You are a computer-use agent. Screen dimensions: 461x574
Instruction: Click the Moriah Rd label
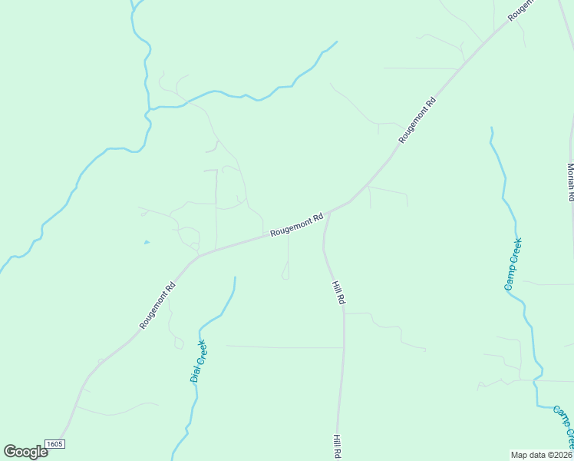click(x=570, y=181)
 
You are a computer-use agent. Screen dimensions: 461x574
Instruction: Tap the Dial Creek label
click(x=198, y=361)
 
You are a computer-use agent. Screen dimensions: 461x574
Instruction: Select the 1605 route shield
click(x=54, y=444)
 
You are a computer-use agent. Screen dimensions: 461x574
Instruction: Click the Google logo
click(x=25, y=451)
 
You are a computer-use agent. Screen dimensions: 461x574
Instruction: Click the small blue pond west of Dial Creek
click(x=147, y=243)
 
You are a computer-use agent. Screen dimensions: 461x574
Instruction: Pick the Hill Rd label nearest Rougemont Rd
click(x=338, y=294)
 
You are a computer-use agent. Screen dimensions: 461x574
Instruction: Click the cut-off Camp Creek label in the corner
click(x=564, y=427)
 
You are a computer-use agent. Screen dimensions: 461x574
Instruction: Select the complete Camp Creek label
click(x=513, y=264)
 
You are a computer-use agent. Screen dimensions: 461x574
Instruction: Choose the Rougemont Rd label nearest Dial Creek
click(x=158, y=306)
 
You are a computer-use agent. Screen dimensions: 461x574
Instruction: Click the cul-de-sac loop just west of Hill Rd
click(x=285, y=275)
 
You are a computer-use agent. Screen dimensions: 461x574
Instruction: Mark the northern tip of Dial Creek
click(x=235, y=277)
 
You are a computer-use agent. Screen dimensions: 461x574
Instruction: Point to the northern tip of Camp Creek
click(x=491, y=128)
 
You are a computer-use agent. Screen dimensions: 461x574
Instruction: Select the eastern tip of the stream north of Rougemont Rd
click(x=336, y=41)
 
